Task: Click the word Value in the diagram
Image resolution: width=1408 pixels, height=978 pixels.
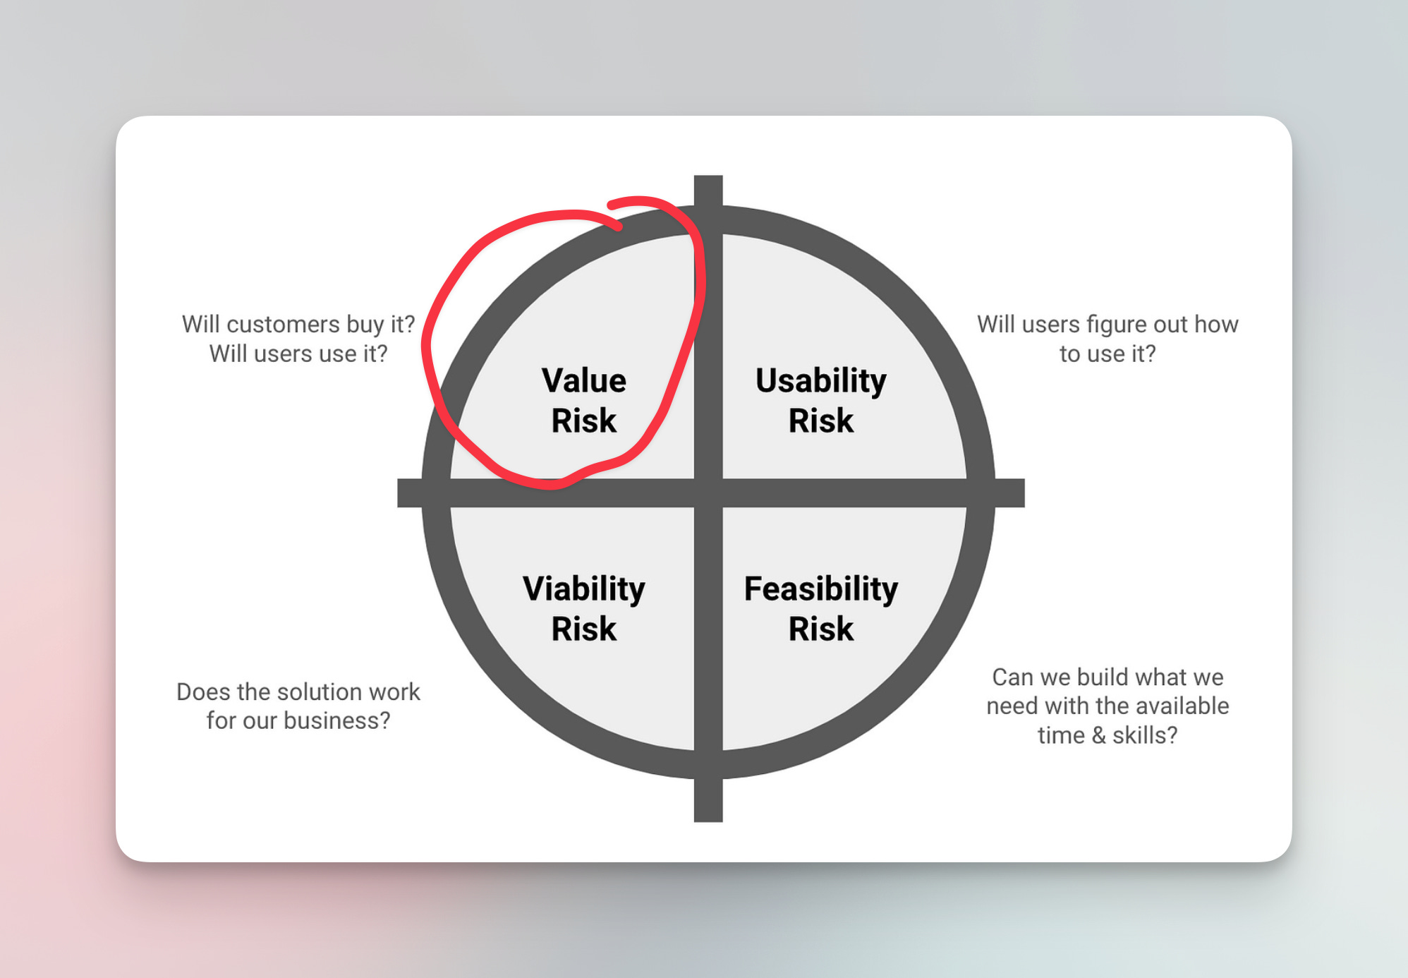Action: (583, 380)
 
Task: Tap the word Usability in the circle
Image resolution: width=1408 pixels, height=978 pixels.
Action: (820, 381)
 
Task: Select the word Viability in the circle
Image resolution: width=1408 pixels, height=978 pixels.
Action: (583, 588)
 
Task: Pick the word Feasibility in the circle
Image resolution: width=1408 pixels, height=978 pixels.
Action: (821, 588)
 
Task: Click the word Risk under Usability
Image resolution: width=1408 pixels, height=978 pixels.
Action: (820, 421)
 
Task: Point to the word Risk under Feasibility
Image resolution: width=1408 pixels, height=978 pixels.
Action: (820, 629)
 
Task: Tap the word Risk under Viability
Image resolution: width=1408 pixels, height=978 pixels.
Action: (583, 629)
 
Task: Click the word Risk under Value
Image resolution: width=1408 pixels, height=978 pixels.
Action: (583, 421)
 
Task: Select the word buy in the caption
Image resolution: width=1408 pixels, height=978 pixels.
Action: (365, 325)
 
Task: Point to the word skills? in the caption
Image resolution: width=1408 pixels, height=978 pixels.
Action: (1144, 735)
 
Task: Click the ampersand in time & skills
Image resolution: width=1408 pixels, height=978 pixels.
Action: (1098, 735)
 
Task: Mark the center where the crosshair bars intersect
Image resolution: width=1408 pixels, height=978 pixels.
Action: (708, 493)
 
